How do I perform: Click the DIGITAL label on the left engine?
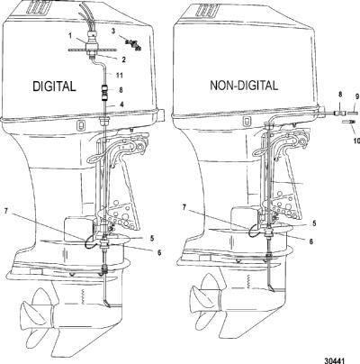pyautogui.click(x=54, y=86)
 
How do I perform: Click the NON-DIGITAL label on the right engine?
pyautogui.click(x=244, y=86)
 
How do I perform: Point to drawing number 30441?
pyautogui.click(x=334, y=360)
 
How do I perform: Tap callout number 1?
pyautogui.click(x=70, y=36)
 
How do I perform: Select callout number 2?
pyautogui.click(x=123, y=59)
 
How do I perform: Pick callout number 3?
pyautogui.click(x=113, y=31)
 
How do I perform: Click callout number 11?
pyautogui.click(x=120, y=75)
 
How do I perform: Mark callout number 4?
pyautogui.click(x=121, y=105)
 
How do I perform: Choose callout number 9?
pyautogui.click(x=357, y=96)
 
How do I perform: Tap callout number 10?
pyautogui.click(x=356, y=132)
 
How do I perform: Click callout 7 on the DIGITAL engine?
pyautogui.click(x=6, y=212)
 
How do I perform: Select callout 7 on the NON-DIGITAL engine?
pyautogui.click(x=184, y=207)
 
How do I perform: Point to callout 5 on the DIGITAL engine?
pyautogui.click(x=152, y=238)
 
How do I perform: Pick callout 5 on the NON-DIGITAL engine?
pyautogui.click(x=314, y=223)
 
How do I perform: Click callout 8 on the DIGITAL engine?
pyautogui.click(x=121, y=89)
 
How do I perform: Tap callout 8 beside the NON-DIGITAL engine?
pyautogui.click(x=340, y=95)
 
